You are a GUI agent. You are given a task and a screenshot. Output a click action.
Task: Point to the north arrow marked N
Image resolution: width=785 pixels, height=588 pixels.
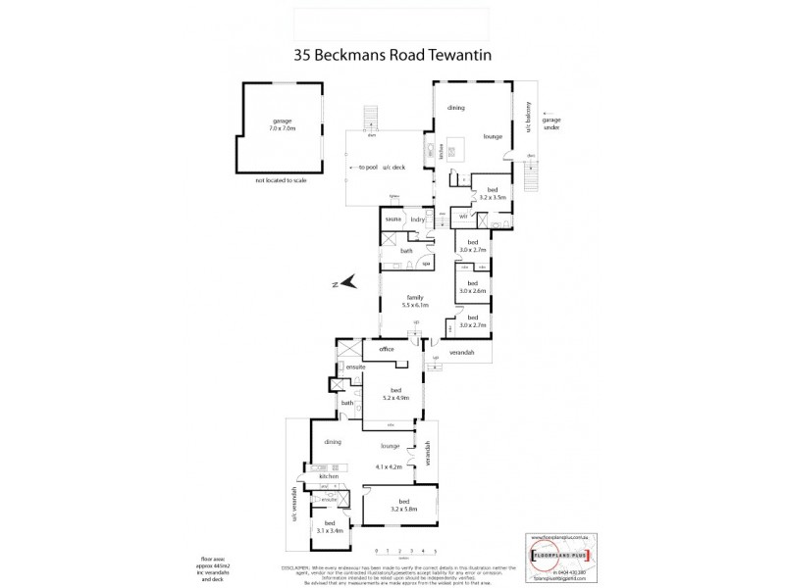pos(340,284)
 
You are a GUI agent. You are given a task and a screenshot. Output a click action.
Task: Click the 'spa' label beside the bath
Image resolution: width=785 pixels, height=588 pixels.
pos(427,263)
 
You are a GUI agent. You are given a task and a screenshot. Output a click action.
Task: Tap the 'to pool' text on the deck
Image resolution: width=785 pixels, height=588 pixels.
pos(369,168)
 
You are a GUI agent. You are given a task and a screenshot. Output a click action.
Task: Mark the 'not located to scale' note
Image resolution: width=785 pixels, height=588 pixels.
pos(281,182)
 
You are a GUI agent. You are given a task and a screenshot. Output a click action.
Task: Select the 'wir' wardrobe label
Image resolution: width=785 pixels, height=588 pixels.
pos(462,215)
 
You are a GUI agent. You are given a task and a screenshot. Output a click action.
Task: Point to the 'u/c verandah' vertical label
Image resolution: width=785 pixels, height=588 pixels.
pos(293,501)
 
